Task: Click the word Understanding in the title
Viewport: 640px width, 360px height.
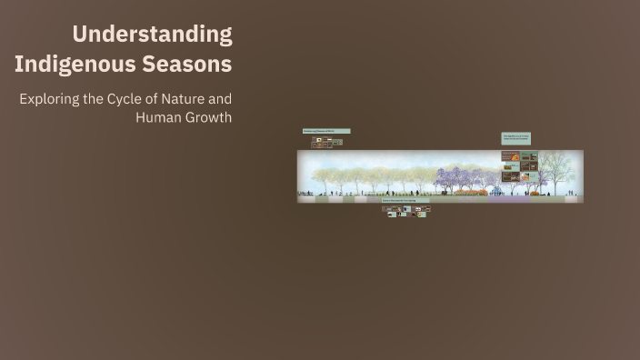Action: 152,35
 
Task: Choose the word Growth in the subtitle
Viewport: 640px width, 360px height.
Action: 209,117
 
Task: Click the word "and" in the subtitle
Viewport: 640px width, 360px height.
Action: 221,98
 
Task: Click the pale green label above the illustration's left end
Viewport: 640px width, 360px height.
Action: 325,132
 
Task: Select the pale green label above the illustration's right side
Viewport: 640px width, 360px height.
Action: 515,138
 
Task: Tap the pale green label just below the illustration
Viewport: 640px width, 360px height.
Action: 405,201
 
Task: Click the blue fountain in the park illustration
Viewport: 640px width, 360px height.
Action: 496,191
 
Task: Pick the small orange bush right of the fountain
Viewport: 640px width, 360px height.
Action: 535,192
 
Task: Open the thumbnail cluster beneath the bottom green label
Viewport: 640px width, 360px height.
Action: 405,211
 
